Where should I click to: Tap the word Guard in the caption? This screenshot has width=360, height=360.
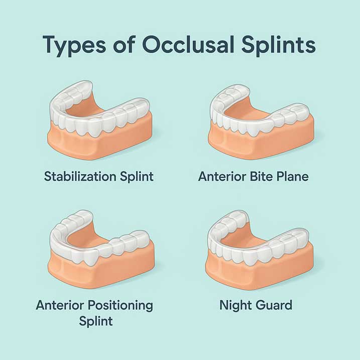274,305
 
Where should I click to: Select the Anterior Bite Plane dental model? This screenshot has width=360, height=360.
261,121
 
